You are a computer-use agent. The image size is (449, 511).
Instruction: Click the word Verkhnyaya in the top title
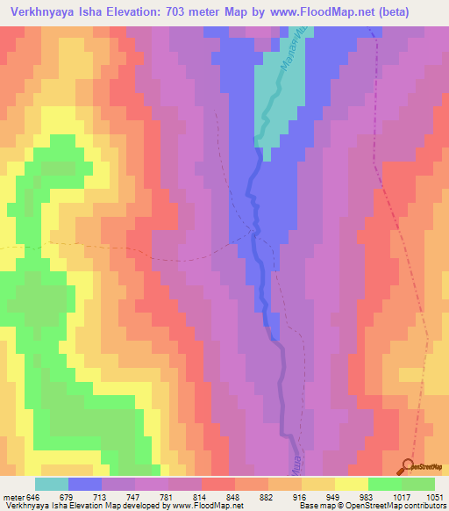pos(43,12)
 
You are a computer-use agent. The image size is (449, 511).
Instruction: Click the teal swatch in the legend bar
pos(53,485)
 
